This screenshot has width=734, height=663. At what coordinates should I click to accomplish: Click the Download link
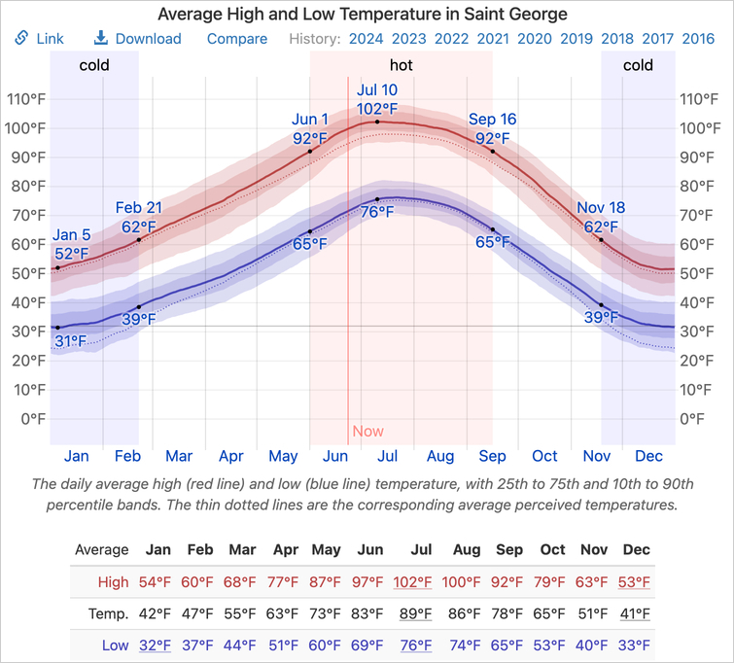tap(137, 39)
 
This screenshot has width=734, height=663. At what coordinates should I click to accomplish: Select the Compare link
tap(237, 39)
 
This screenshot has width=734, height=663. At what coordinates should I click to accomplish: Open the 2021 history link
tap(493, 39)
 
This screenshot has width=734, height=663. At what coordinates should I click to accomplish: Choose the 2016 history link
tap(698, 39)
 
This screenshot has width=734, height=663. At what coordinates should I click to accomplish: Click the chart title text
tap(363, 15)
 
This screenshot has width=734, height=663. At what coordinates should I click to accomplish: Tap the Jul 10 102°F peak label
tap(377, 99)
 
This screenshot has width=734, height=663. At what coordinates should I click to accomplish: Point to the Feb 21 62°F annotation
tap(139, 217)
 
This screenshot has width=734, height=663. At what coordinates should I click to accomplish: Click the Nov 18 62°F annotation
tap(601, 217)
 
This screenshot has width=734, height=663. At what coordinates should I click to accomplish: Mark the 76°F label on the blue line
tap(377, 212)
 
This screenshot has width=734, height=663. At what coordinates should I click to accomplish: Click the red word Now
tap(367, 432)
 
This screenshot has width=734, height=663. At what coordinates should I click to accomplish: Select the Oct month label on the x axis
tap(544, 456)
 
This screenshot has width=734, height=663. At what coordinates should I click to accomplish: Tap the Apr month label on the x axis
tap(231, 456)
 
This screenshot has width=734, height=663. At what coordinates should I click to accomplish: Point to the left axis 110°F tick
tap(26, 99)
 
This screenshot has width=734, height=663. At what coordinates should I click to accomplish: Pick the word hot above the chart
tap(401, 66)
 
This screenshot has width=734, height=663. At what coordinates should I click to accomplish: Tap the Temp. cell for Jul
tap(421, 613)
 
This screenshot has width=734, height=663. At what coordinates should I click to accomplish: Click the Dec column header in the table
tap(636, 550)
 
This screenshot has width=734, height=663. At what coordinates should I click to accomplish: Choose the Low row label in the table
tap(115, 646)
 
